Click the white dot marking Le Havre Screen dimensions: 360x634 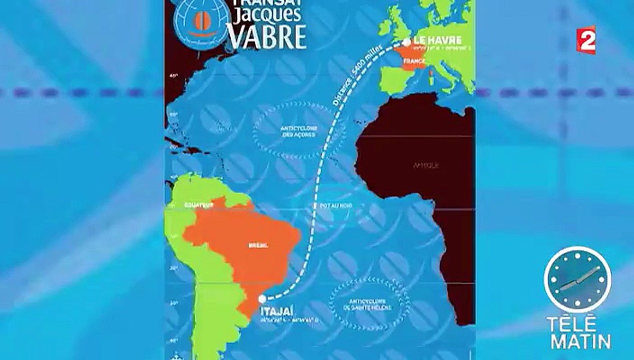click(406, 43)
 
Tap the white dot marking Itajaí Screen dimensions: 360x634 click(262, 298)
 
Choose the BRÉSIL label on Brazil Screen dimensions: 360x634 click(258, 245)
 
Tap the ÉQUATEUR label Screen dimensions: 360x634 click(199, 205)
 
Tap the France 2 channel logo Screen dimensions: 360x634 click(586, 39)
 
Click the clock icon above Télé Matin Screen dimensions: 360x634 click(577, 279)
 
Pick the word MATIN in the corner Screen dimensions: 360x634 click(578, 341)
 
